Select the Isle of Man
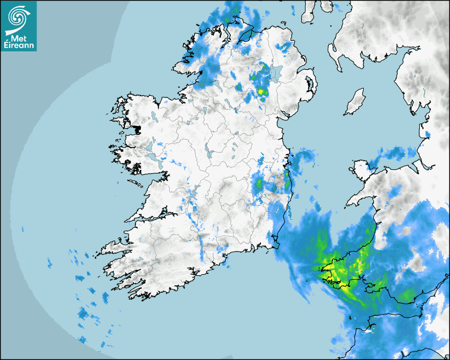[x=355, y=102]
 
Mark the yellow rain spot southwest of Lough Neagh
[x=260, y=92]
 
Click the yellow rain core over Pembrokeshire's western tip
[x=328, y=267]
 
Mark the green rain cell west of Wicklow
[x=259, y=185]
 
